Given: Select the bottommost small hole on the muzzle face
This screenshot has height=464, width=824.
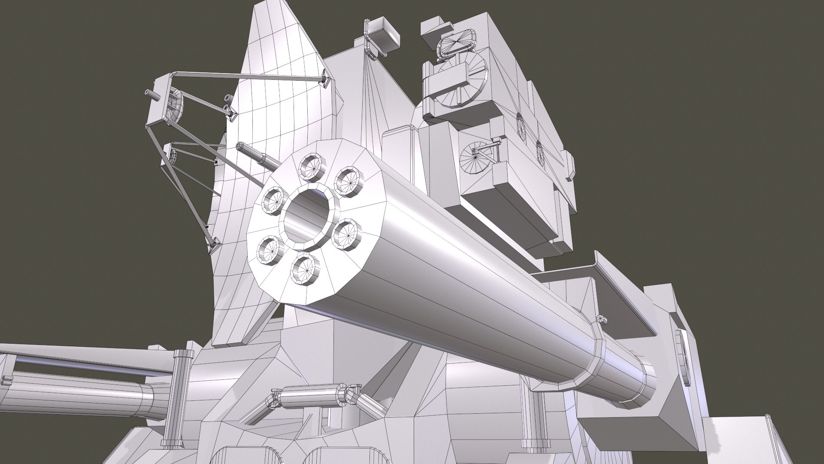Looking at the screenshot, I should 305,269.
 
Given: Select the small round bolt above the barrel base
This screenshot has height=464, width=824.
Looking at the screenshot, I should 602,318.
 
